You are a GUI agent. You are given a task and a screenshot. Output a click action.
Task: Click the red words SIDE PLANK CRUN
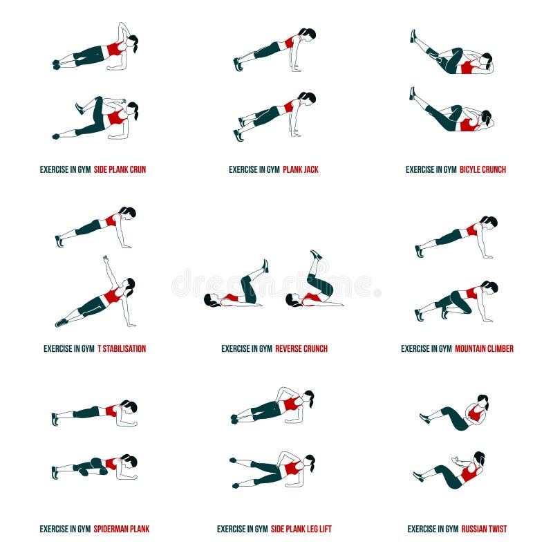pyautogui.click(x=120, y=169)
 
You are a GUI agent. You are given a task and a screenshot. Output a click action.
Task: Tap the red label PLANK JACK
pyautogui.click(x=301, y=169)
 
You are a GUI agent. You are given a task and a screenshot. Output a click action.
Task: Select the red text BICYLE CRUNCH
pyautogui.click(x=482, y=169)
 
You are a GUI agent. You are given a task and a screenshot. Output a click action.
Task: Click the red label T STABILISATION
pyautogui.click(x=122, y=349)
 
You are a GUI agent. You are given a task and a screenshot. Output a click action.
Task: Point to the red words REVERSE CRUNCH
pyautogui.click(x=301, y=349)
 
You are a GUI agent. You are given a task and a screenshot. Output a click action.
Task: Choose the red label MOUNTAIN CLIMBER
pyautogui.click(x=484, y=349)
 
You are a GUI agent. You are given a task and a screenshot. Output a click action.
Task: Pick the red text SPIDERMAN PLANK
pyautogui.click(x=122, y=529)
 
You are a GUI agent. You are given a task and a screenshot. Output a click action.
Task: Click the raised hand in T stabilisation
pyautogui.click(x=106, y=259)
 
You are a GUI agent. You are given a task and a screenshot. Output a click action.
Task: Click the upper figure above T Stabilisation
pyautogui.click(x=97, y=225)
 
